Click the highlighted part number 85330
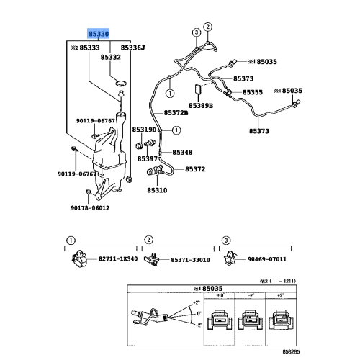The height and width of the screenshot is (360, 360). [x=99, y=34]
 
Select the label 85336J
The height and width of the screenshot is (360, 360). [x=132, y=47]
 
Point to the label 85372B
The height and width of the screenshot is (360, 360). [x=176, y=112]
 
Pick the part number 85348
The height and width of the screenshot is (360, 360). [x=181, y=153]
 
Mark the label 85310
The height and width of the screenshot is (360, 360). [x=156, y=192]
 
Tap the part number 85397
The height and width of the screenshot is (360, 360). [x=148, y=158]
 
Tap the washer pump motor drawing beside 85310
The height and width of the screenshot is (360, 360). [x=155, y=174]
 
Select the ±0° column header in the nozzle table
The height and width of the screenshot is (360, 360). [x=219, y=296]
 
